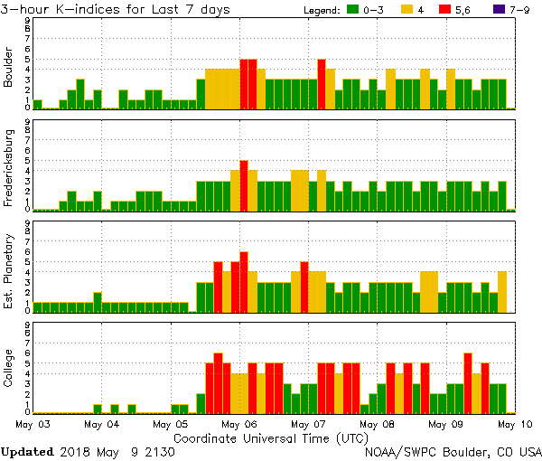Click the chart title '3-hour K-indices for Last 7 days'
pyautogui.click(x=116, y=9)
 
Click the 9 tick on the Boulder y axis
pyautogui.click(x=28, y=20)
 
